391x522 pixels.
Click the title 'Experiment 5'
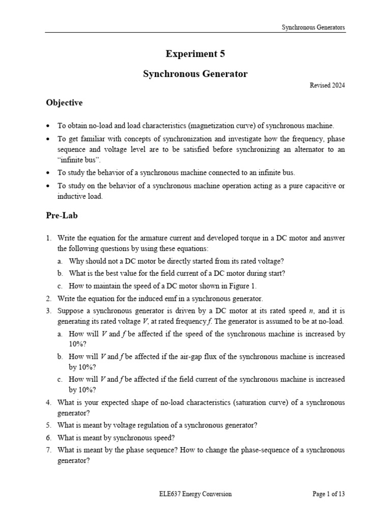(195, 54)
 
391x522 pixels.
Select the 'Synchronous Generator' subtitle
(195, 74)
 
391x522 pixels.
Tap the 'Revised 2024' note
(327, 86)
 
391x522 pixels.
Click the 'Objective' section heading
(64, 103)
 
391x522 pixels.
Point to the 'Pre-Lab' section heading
(61, 216)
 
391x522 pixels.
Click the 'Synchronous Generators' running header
(313, 27)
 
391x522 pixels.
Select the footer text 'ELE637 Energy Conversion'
(195, 493)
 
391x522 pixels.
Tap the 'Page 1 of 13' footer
(328, 493)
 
